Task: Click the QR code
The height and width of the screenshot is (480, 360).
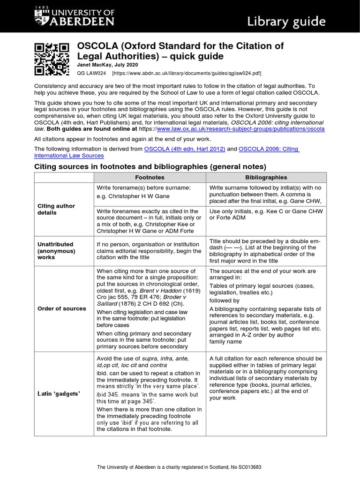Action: tap(52, 59)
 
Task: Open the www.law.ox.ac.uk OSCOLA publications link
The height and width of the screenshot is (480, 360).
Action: tap(240, 128)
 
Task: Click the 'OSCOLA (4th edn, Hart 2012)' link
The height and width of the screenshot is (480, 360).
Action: tap(184, 149)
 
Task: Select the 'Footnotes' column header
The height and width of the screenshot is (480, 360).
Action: tap(150, 178)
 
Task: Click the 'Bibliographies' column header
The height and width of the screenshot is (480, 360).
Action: tap(266, 178)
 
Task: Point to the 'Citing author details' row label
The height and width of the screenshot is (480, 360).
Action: tap(56, 209)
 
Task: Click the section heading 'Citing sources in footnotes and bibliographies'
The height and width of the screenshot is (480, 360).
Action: tap(150, 166)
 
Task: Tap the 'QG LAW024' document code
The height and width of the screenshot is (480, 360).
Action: tap(91, 74)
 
